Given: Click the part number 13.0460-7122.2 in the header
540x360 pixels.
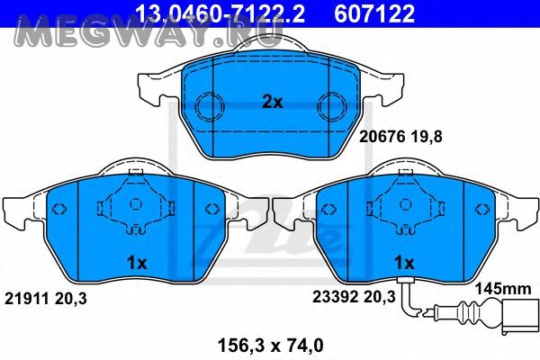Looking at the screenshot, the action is [220, 13].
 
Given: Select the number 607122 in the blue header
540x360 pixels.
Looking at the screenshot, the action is [374, 13].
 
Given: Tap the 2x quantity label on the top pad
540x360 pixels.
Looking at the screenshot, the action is [273, 102].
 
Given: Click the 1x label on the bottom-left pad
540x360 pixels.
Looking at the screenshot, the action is [137, 264].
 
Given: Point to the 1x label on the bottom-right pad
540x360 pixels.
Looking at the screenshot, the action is [404, 264].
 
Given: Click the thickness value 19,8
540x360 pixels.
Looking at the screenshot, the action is [426, 138].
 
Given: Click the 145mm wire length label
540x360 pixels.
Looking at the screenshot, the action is [503, 289].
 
